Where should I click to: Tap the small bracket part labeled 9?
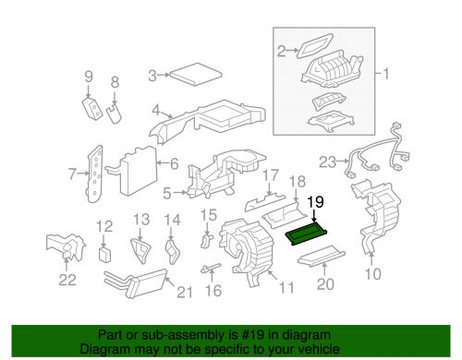tap(114, 113)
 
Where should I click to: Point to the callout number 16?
tap(213, 291)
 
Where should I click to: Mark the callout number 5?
tap(167, 193)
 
